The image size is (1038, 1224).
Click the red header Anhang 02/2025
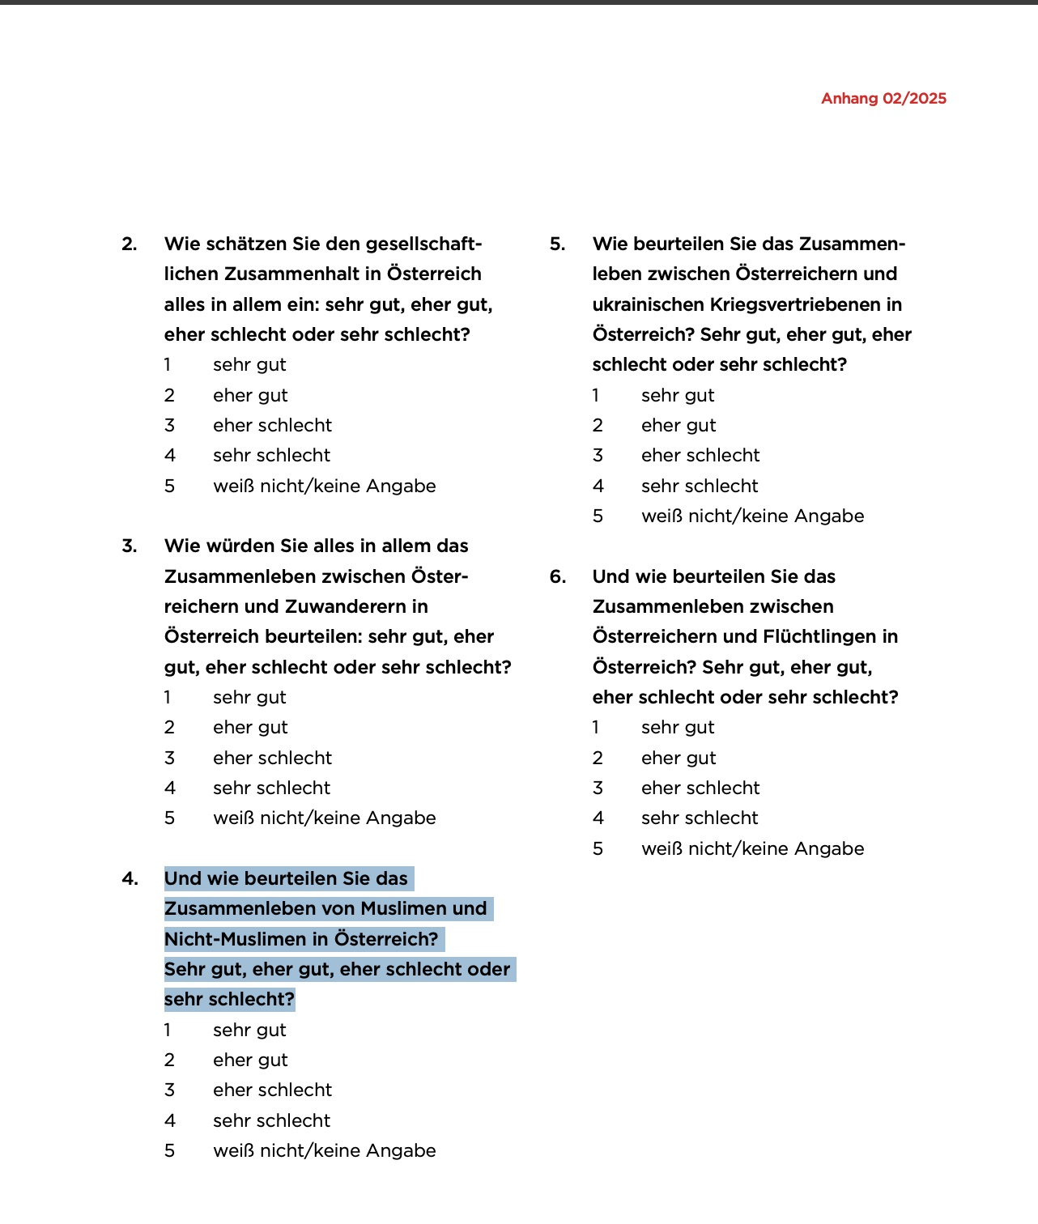[x=883, y=99]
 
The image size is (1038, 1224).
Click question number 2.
[x=130, y=244]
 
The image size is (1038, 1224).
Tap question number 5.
[x=557, y=244]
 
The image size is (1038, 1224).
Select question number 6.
[x=557, y=577]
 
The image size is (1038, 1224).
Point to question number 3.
[x=130, y=546]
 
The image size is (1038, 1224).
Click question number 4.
[x=130, y=879]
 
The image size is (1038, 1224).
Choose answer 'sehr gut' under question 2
[x=249, y=365]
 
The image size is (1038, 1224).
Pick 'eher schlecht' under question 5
[x=700, y=456]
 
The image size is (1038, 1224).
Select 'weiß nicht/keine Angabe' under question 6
[x=752, y=849]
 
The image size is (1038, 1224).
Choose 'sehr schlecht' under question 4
[x=271, y=1121]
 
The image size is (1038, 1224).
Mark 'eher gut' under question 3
[x=250, y=728]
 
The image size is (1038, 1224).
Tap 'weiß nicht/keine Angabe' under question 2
[x=324, y=487]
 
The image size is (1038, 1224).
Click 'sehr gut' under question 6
[x=678, y=728]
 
